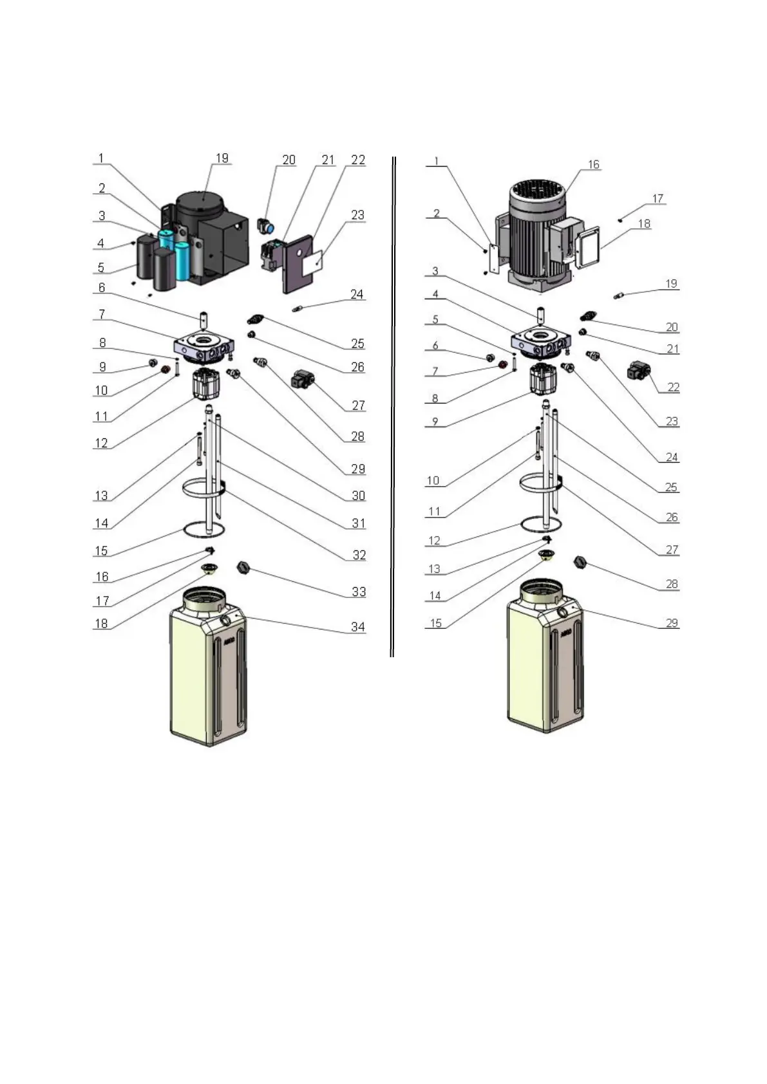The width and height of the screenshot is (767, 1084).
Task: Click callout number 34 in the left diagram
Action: (x=357, y=626)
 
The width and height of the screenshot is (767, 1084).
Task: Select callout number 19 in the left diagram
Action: (x=222, y=158)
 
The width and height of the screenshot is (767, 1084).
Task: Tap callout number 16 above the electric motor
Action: (x=593, y=165)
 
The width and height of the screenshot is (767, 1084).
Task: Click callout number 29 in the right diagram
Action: (x=672, y=623)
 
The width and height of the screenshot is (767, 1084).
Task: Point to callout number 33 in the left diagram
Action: (x=358, y=592)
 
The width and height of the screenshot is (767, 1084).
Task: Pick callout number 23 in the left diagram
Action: (x=357, y=215)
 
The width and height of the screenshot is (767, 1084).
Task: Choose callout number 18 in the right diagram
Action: (x=644, y=224)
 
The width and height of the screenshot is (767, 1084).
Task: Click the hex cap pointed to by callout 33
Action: (x=243, y=567)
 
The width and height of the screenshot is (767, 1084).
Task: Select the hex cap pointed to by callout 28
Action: (x=580, y=562)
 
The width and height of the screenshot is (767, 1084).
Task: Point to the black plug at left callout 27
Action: (x=301, y=379)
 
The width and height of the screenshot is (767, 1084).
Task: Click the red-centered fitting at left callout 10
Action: (x=166, y=369)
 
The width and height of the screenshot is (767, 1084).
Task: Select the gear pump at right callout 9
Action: (x=542, y=379)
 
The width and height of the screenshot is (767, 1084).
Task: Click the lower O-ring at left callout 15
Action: (x=204, y=530)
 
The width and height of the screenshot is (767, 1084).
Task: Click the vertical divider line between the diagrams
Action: (x=392, y=406)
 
